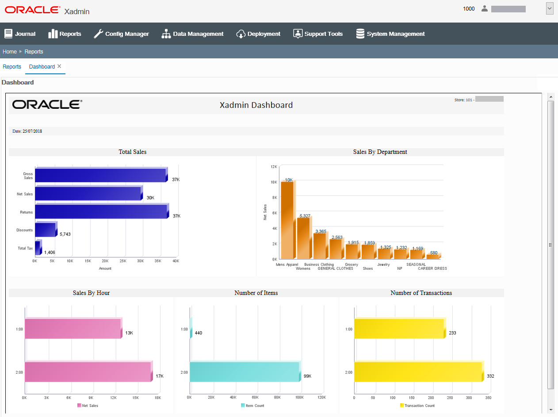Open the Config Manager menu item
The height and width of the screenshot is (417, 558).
click(x=122, y=34)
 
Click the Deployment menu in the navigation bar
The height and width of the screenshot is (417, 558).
click(x=259, y=34)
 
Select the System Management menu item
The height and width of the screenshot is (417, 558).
click(x=390, y=34)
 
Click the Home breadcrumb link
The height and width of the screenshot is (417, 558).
click(x=10, y=52)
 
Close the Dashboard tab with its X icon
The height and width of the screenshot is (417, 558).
click(x=59, y=66)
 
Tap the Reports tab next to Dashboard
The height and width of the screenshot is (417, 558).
click(x=12, y=67)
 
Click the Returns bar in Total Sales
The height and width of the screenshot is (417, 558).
click(x=101, y=212)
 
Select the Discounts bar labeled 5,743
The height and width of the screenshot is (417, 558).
click(x=45, y=230)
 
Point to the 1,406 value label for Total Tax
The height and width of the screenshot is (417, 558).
click(x=50, y=252)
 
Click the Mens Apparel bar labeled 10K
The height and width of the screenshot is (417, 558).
click(x=287, y=220)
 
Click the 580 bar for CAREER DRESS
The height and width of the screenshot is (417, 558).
click(x=433, y=256)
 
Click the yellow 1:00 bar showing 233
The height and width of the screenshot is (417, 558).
click(x=398, y=329)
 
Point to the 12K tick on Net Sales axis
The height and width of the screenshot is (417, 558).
click(x=274, y=167)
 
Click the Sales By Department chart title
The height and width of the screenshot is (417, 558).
click(x=380, y=152)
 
